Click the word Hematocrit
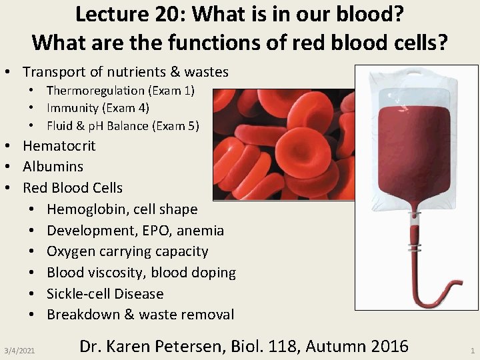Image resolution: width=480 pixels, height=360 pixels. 59,146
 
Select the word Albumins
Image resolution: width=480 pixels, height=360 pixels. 53,167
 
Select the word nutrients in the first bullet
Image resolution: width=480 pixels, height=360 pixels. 135,72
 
